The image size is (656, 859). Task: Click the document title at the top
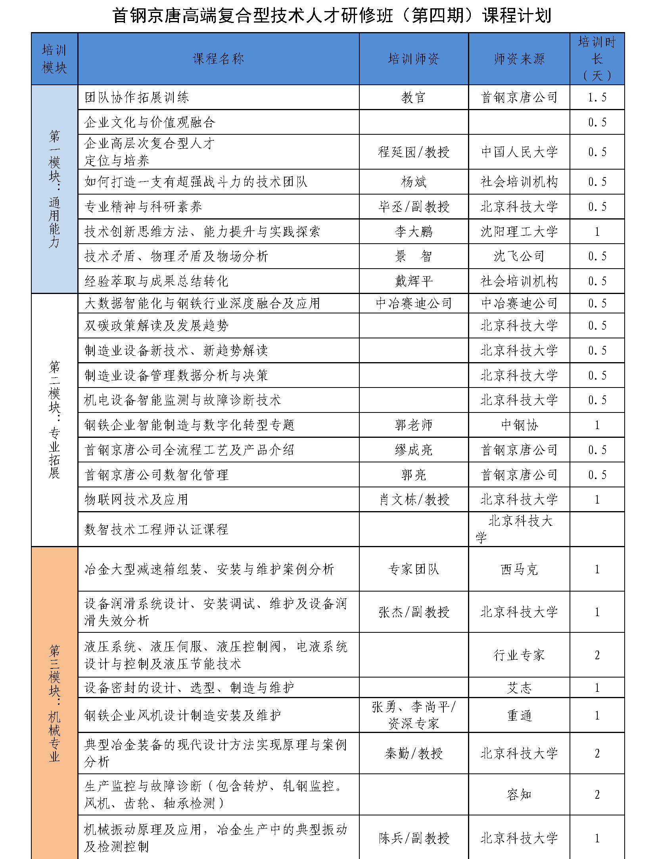coord(332,16)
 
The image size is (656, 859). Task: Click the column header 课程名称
coord(218,59)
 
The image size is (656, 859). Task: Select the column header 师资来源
coord(519,59)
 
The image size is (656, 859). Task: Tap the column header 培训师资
coord(414,59)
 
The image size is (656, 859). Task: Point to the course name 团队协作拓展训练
coord(137,97)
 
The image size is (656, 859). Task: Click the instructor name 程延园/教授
coord(414,152)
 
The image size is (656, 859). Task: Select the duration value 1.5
coord(597,97)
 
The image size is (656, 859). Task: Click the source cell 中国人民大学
coord(519,152)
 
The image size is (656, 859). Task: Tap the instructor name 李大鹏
coord(414,232)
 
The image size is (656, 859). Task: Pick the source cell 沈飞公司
coord(519,256)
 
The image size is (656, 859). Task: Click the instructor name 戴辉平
coord(414,281)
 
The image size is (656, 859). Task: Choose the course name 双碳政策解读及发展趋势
coord(157,326)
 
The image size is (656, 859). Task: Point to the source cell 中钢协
coord(519,425)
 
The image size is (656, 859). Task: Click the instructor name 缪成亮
coord(414,450)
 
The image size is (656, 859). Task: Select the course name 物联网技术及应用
coord(136,500)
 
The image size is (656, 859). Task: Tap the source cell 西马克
coord(519,570)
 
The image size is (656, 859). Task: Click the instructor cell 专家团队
coord(414,570)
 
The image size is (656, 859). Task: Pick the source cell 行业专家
coord(519,655)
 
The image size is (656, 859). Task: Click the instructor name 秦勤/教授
coord(414,753)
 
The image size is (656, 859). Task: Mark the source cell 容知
coord(519,794)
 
